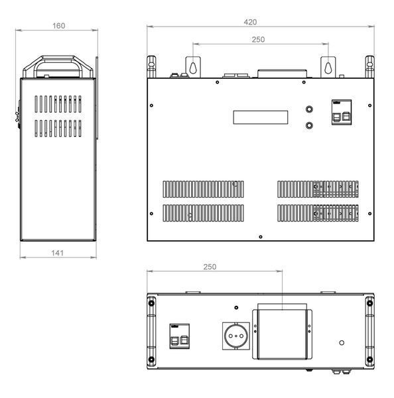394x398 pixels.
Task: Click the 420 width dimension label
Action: tap(250, 22)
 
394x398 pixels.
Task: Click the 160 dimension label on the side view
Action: tap(58, 26)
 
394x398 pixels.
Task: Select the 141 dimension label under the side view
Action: tap(57, 253)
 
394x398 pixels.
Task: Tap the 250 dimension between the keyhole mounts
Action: tap(258, 39)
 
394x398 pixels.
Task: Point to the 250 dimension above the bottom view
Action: tap(210, 267)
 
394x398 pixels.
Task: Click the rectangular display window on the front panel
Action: tap(261, 117)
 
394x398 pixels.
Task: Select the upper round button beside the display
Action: tap(309, 109)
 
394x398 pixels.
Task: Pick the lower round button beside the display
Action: tap(309, 125)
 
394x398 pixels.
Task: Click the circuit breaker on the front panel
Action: tap(342, 112)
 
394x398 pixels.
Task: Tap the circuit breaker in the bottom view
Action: tap(180, 336)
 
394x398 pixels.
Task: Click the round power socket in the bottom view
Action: tap(236, 336)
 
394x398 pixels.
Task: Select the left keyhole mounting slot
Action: tap(193, 68)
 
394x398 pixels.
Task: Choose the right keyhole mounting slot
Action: tap(328, 68)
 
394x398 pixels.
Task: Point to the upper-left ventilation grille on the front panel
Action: tap(203, 189)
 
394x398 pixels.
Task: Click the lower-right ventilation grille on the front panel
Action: tap(318, 213)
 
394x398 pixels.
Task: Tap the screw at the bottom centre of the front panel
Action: tap(261, 237)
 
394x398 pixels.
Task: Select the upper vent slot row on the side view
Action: tap(58, 104)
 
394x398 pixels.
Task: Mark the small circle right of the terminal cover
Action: tap(342, 343)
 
